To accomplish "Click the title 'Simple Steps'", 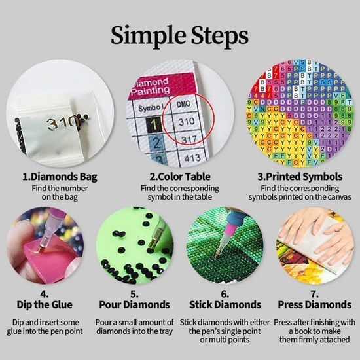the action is [179, 36].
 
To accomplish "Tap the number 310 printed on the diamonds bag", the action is [62, 123].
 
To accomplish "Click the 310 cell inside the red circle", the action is [187, 121].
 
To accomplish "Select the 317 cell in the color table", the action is [189, 139].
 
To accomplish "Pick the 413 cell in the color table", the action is [192, 158].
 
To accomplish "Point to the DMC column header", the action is [183, 104].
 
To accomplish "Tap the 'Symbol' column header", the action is [151, 108].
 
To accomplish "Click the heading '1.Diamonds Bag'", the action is [60, 177].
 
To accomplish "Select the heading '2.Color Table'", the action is [180, 177].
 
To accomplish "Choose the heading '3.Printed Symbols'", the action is [300, 177].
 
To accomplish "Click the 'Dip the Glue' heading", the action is [45, 305].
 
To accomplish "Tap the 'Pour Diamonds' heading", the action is [135, 305].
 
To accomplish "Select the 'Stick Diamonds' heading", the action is [225, 305].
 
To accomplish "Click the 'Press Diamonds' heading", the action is [315, 305].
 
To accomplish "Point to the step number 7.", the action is [314, 294].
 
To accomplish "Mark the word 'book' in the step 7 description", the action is [304, 331].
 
